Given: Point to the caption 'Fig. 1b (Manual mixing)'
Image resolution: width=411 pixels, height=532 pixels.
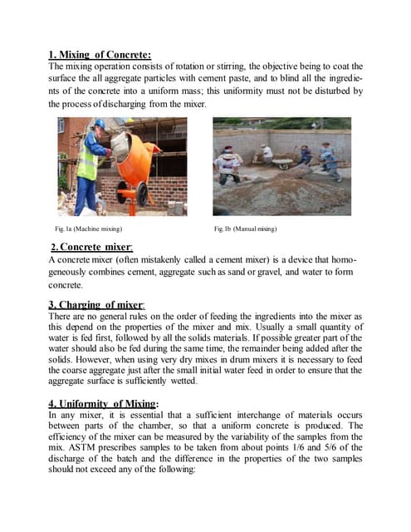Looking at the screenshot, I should coord(245,228).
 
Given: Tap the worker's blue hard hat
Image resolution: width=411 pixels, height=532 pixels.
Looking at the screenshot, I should coord(100,124).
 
